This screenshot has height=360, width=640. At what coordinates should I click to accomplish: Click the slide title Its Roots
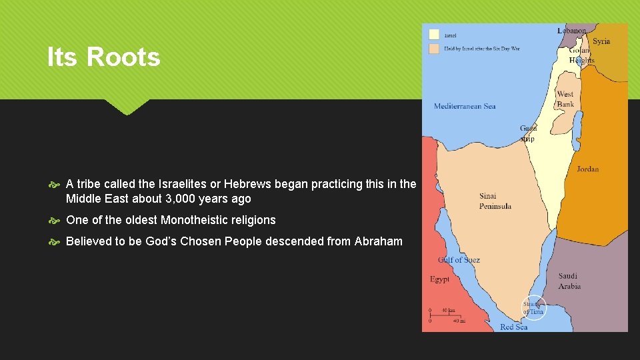(103, 57)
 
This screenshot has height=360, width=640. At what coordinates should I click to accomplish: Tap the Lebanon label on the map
(572, 31)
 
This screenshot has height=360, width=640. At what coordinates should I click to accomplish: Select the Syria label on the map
(601, 41)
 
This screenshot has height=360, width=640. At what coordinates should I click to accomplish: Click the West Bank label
(565, 99)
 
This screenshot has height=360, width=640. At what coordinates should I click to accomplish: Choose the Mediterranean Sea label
(465, 106)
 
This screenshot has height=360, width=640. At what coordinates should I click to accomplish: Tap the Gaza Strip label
(527, 133)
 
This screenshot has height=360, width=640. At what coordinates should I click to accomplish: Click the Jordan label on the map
(587, 169)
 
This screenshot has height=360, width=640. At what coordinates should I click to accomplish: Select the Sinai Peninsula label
(495, 201)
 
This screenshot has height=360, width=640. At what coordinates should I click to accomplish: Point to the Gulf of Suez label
(459, 259)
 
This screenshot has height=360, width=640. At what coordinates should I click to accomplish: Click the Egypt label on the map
(439, 279)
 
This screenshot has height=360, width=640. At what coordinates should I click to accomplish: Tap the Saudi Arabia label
(569, 281)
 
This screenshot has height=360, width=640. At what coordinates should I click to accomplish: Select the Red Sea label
(513, 327)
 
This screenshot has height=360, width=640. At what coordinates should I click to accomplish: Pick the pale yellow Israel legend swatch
(434, 33)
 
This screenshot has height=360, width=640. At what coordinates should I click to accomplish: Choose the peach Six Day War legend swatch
(434, 49)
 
